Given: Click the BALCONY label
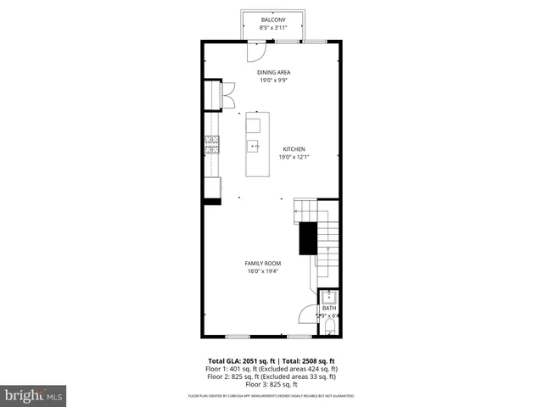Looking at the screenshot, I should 272,20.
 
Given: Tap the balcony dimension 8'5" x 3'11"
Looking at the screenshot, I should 272,28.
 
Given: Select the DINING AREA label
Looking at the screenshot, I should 274,72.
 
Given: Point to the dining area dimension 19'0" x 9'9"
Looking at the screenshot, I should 274,81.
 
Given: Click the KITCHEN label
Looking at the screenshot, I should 294,149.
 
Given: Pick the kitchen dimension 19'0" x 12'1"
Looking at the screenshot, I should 294,157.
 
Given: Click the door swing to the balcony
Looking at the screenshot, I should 252,51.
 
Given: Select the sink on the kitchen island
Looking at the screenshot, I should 253,147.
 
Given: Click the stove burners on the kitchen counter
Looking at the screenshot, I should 211,145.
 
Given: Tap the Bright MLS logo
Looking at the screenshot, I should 34,395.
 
